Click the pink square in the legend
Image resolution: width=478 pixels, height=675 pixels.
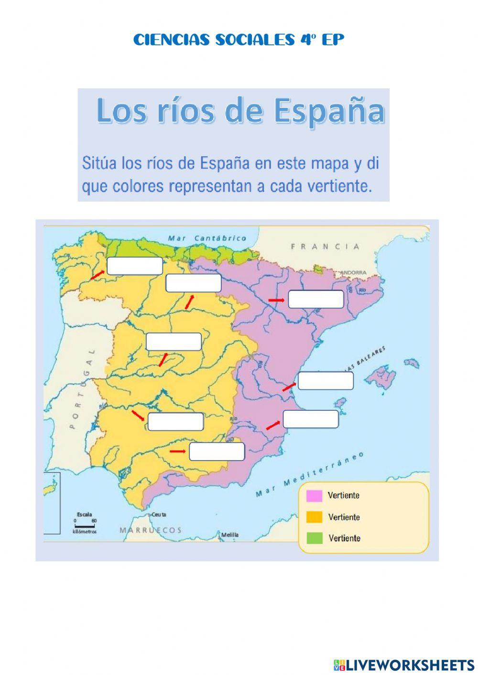click(315, 496)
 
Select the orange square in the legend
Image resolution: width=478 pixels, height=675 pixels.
click(315, 517)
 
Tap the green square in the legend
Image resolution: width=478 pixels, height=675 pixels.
click(315, 538)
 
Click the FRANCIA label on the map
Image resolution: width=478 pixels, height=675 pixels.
click(325, 246)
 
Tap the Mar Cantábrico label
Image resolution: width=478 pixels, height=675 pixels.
click(207, 238)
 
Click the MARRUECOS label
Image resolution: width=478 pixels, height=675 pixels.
click(151, 530)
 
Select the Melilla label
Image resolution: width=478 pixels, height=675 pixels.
click(230, 535)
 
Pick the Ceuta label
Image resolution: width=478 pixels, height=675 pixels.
click(158, 514)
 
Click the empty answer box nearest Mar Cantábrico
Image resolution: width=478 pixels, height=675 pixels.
click(135, 266)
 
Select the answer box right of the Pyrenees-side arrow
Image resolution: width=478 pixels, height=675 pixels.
click(316, 299)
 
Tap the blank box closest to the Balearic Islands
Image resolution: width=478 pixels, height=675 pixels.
click(326, 381)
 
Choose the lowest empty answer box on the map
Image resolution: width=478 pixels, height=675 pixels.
click(217, 451)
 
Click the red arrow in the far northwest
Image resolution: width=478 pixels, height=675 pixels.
click(98, 274)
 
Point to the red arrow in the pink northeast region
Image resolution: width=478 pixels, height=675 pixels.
click(276, 300)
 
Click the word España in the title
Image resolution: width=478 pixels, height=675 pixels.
click(329, 111)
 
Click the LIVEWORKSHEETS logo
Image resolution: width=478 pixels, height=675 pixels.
click(403, 664)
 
